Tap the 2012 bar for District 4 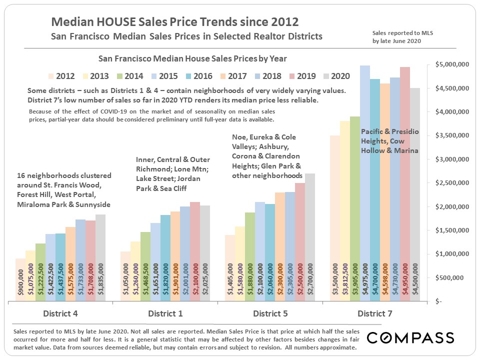pyautogui.click(x=20, y=280)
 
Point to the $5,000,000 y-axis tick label pyautogui.click(x=451, y=65)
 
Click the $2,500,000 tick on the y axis pyautogui.click(x=451, y=183)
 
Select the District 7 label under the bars pyautogui.click(x=375, y=313)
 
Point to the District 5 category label pyautogui.click(x=270, y=313)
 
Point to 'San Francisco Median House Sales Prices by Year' pyautogui.click(x=193, y=58)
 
